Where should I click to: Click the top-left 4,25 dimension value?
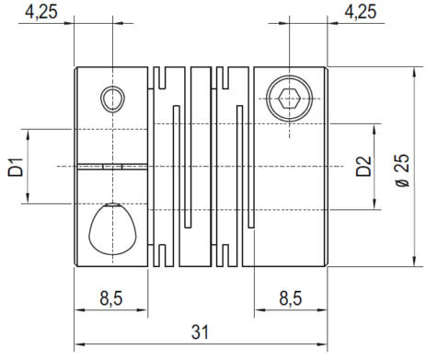[x=41, y=12]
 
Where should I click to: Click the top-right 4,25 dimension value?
[x=361, y=12]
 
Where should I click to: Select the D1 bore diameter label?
[x=16, y=167]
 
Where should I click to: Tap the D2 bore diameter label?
[x=363, y=166]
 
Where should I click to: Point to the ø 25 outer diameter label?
[x=402, y=170]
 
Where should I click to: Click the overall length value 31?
[x=200, y=332]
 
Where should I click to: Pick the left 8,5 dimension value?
[x=111, y=298]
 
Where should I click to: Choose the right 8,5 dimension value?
[x=291, y=298]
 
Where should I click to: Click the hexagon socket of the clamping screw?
[x=289, y=99]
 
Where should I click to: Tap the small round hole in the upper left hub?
[x=112, y=99]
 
